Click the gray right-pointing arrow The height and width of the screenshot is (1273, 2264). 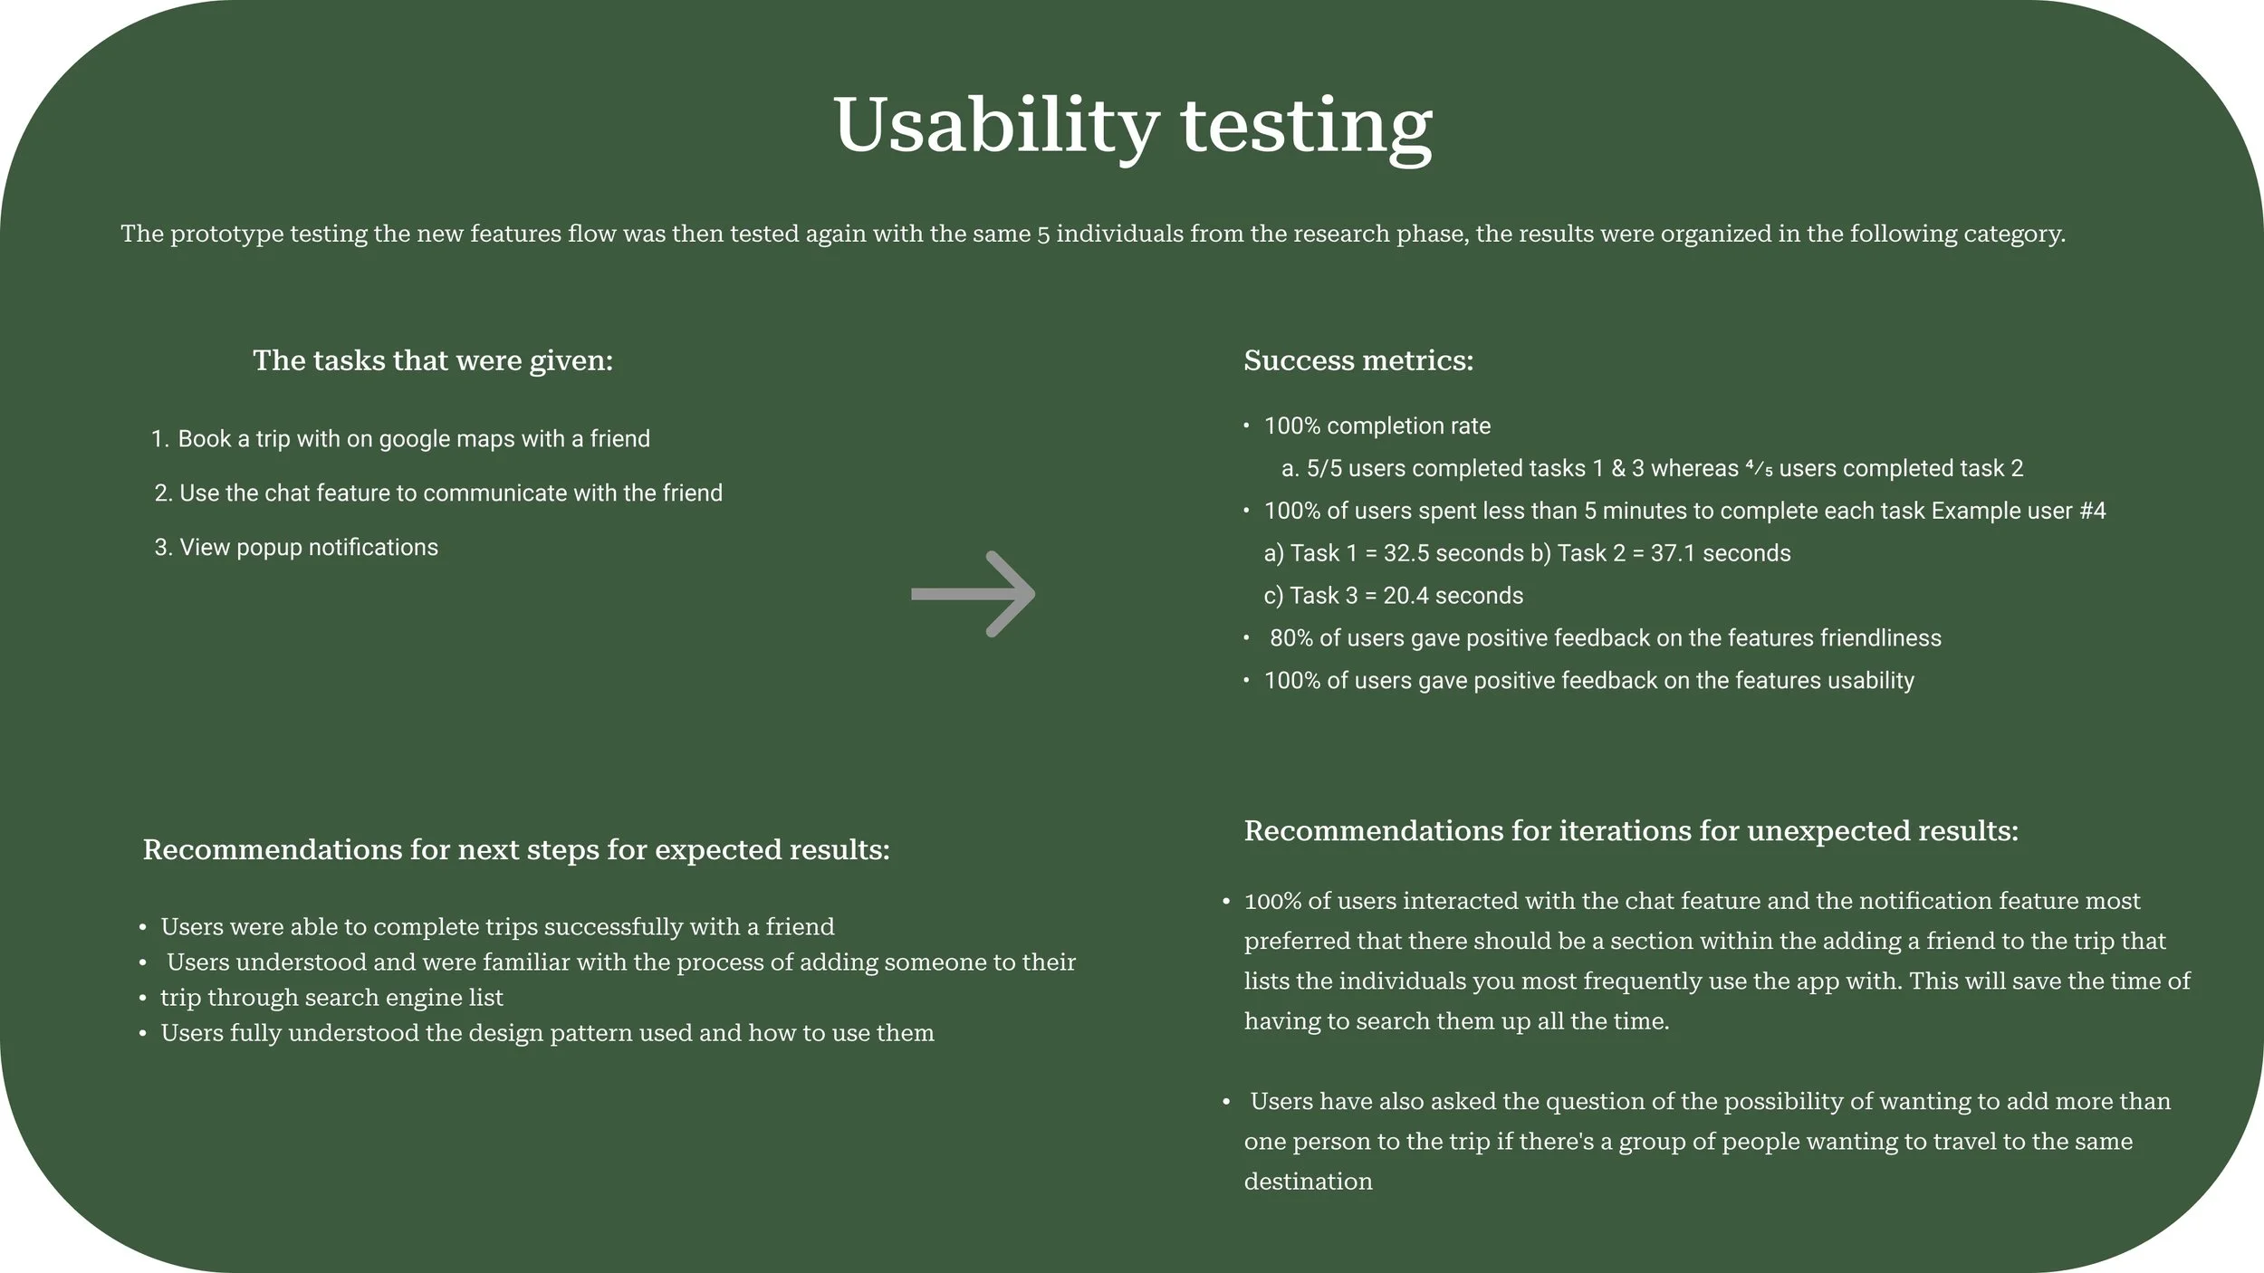coord(973,594)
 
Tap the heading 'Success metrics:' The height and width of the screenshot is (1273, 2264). coord(1358,360)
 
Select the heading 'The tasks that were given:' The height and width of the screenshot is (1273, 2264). coord(433,360)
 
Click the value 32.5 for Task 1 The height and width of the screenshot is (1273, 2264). coord(1406,553)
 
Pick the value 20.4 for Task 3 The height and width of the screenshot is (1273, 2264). coord(1405,596)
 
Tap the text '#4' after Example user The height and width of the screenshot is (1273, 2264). coord(2092,511)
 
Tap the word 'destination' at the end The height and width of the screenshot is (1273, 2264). coord(1308,1182)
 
